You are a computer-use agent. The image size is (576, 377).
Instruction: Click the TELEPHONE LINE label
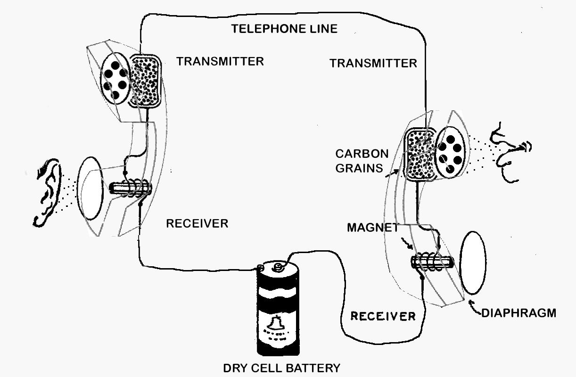[x=284, y=29]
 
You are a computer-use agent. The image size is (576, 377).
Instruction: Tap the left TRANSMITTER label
[x=220, y=61]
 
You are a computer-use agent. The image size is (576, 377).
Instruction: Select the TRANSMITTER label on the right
[x=373, y=63]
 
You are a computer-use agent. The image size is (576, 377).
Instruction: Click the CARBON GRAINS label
[x=362, y=161]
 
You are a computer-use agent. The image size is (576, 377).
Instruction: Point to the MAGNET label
[x=373, y=228]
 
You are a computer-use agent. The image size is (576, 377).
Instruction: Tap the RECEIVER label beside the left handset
[x=197, y=223]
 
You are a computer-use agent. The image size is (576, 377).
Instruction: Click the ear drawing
[x=49, y=191]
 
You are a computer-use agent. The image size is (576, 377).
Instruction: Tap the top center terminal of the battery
[x=279, y=267]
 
